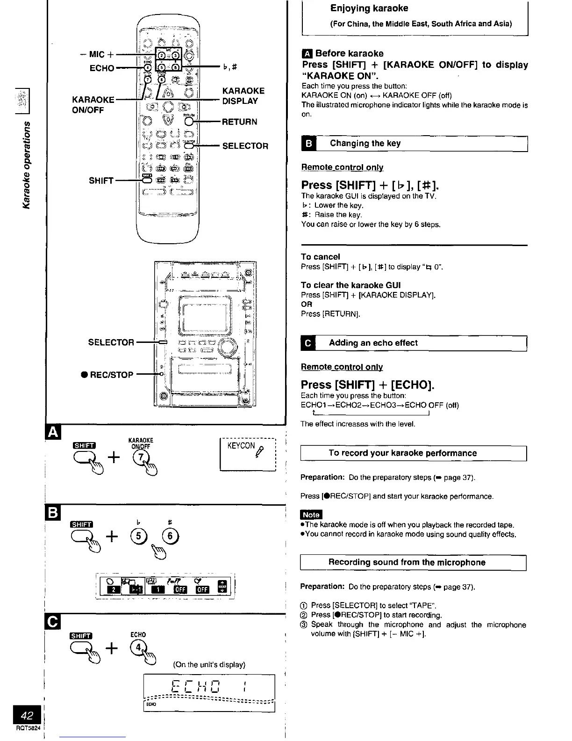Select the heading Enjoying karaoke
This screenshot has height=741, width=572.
[369, 8]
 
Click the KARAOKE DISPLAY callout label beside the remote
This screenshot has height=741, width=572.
[243, 96]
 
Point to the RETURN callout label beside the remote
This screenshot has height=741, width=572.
[239, 122]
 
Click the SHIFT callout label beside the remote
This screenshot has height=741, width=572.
[101, 181]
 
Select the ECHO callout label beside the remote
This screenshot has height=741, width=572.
[102, 68]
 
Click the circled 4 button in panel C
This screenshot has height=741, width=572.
[138, 648]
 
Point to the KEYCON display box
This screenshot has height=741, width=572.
[247, 454]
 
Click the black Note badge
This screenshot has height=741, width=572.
[311, 515]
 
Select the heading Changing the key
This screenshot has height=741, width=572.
[365, 144]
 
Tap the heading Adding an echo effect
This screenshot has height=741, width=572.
[373, 343]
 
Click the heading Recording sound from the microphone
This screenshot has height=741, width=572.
[407, 562]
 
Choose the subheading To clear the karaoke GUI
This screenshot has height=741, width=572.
[350, 285]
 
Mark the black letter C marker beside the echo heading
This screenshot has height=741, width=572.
[308, 343]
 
